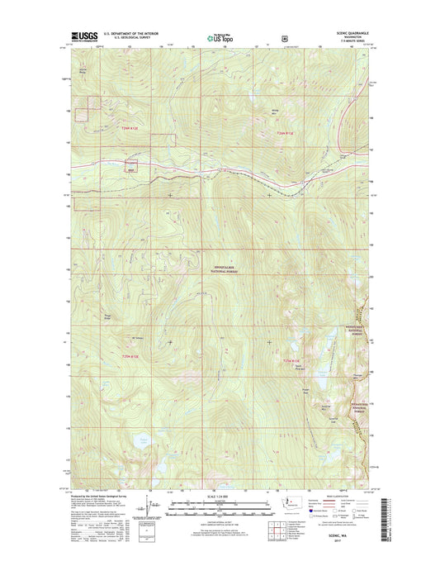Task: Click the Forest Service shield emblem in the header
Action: click(285, 37)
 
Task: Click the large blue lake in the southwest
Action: click(146, 446)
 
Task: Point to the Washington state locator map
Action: click(291, 502)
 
